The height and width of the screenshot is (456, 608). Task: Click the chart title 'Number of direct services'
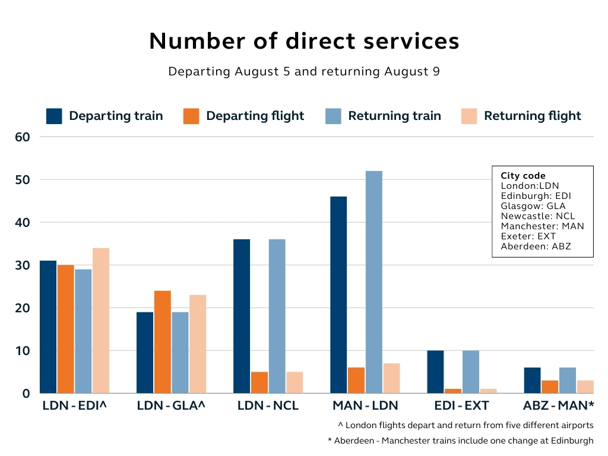click(304, 41)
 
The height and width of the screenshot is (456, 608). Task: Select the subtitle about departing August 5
click(304, 72)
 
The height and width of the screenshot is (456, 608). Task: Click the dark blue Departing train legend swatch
click(54, 116)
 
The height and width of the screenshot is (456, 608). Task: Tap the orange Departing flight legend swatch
click(191, 116)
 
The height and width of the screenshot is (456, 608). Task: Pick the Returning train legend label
click(394, 116)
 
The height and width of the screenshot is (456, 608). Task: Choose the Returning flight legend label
click(532, 116)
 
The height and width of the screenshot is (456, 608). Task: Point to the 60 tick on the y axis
click(23, 137)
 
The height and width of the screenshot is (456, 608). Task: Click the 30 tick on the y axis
click(23, 265)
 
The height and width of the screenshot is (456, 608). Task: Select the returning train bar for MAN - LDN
click(374, 282)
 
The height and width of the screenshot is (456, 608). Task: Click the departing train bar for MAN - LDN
click(338, 294)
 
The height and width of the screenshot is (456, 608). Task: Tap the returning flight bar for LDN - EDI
click(101, 321)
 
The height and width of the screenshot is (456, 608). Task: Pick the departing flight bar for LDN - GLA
click(163, 342)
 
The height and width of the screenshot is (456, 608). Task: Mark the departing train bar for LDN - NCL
click(242, 316)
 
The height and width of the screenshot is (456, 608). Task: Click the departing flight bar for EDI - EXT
click(453, 391)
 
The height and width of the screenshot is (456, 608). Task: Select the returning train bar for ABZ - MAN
click(568, 381)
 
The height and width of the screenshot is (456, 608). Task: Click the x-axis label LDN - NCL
click(268, 406)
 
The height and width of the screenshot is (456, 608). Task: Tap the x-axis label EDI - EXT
click(461, 406)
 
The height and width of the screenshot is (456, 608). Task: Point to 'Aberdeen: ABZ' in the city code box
click(536, 246)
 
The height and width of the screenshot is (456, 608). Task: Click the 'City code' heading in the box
click(522, 176)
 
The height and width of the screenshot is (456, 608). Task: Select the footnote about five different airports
click(465, 425)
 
